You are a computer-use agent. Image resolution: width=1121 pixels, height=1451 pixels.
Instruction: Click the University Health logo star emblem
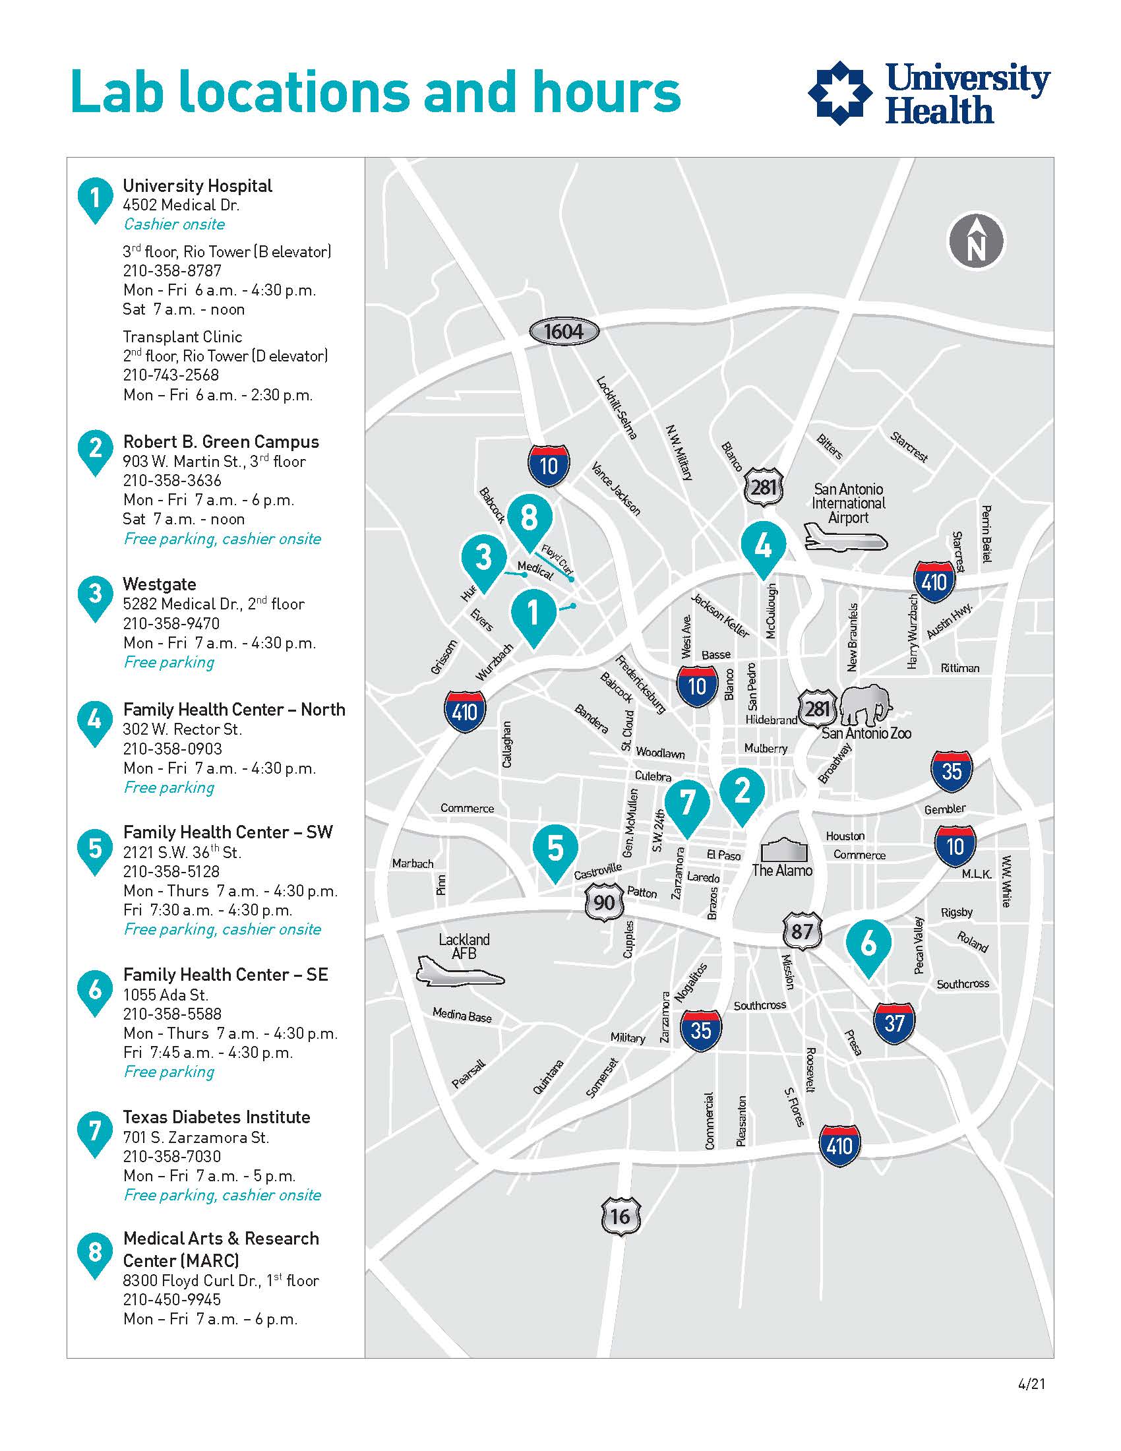[840, 93]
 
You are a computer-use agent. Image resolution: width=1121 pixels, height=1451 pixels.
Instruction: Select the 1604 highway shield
[564, 331]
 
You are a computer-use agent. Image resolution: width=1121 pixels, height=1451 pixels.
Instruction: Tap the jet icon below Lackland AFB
[460, 972]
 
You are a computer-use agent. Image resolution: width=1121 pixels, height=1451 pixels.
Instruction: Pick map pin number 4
[764, 547]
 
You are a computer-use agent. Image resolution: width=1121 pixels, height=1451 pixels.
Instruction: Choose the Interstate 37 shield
[894, 1023]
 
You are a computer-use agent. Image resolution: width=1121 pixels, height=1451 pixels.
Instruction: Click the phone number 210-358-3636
[172, 480]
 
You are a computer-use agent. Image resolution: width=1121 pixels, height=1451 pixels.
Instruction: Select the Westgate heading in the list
[160, 584]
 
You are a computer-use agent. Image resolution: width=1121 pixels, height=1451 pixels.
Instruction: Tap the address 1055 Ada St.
[166, 995]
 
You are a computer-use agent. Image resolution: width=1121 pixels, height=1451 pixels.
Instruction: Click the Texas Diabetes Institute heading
[216, 1117]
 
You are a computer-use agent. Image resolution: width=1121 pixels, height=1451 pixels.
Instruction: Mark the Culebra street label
[653, 776]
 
